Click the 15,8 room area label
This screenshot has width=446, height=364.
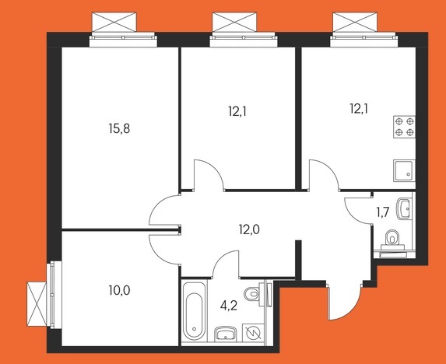(119, 128)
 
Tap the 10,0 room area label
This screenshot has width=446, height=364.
(119, 290)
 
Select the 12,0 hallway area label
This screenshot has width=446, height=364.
(249, 229)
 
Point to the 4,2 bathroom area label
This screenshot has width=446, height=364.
(229, 306)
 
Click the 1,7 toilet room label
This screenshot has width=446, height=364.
(383, 212)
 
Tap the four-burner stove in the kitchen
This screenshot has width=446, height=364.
(404, 127)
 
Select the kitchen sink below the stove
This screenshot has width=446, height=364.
(404, 170)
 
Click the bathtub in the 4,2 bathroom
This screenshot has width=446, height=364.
(194, 311)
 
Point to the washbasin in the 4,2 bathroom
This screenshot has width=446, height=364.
(225, 333)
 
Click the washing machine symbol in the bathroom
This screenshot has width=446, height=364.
(253, 332)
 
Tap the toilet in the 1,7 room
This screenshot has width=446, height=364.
(392, 238)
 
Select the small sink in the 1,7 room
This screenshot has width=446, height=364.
(403, 209)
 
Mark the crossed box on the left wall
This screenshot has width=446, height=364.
(37, 304)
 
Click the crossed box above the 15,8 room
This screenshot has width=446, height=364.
(114, 22)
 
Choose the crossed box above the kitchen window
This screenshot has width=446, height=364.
(355, 22)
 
